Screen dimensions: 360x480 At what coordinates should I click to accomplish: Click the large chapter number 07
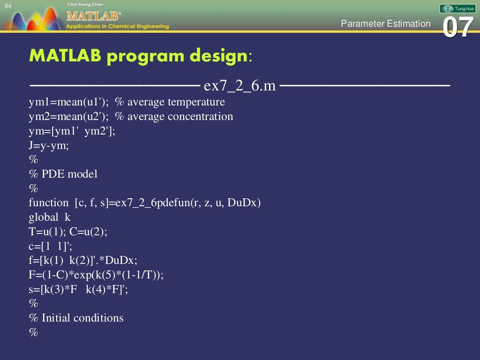point(457,27)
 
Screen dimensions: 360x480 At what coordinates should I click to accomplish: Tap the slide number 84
point(8,5)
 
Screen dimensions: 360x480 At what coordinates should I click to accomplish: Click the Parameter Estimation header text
point(385,23)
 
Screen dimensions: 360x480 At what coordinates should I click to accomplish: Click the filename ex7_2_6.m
point(240,87)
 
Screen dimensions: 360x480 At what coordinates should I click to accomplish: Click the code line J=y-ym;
point(49,145)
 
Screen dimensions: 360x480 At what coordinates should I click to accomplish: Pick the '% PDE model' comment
point(63,174)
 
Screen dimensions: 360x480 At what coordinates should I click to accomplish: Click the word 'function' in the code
point(48,203)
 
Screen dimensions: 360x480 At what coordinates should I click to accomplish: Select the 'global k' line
point(50,217)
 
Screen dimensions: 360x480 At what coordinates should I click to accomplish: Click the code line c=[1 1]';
point(50,246)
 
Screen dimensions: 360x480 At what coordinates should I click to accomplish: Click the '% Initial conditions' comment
point(76,318)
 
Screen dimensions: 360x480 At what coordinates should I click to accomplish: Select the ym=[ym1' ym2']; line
point(72,131)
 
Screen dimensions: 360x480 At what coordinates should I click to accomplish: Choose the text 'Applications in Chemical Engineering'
point(117,26)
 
